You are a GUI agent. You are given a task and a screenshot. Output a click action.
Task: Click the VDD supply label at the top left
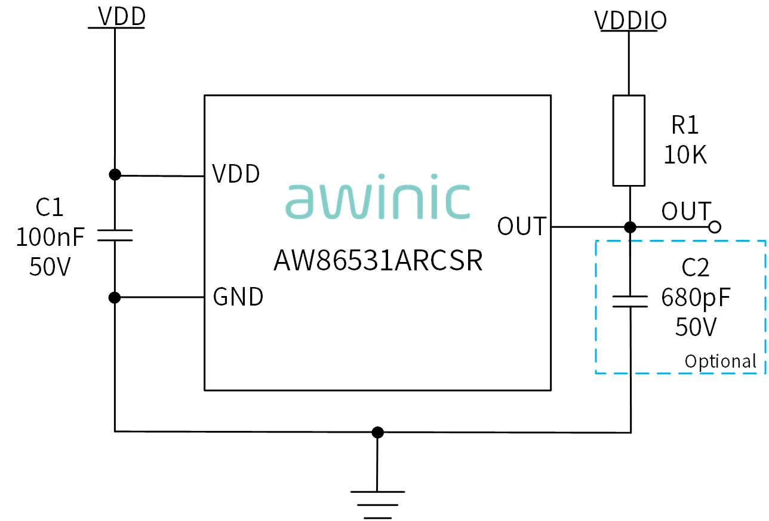(x=122, y=16)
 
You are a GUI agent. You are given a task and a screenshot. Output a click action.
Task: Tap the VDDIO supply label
(x=630, y=20)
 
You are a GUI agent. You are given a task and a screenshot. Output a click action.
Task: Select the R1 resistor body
(x=629, y=141)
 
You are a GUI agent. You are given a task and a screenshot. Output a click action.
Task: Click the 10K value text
(x=685, y=155)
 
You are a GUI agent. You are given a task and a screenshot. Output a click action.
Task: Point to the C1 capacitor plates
(x=115, y=235)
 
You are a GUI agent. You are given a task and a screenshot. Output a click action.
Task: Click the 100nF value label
(x=50, y=237)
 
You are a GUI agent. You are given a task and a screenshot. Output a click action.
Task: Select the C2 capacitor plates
(x=630, y=301)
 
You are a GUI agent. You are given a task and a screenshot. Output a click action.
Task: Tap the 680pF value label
(x=696, y=298)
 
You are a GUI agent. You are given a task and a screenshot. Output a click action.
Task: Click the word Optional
(x=720, y=362)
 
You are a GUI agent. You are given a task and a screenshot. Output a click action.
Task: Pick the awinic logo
(x=377, y=197)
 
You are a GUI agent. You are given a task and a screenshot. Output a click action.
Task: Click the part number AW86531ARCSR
(x=378, y=260)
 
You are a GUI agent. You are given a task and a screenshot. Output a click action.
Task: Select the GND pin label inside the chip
(x=238, y=297)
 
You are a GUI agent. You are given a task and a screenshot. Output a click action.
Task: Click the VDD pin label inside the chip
(x=236, y=174)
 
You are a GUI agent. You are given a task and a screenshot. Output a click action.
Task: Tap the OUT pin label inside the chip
(x=521, y=226)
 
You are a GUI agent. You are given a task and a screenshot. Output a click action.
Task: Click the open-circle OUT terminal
(x=715, y=227)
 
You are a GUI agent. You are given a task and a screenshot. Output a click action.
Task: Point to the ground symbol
(x=377, y=504)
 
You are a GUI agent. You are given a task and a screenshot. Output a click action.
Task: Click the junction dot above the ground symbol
(x=377, y=433)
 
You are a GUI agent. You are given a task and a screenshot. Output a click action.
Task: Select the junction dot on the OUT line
(x=630, y=227)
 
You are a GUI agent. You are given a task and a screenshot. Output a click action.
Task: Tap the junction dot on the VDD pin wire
(x=115, y=175)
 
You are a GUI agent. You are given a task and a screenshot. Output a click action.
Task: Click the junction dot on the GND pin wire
(x=115, y=298)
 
